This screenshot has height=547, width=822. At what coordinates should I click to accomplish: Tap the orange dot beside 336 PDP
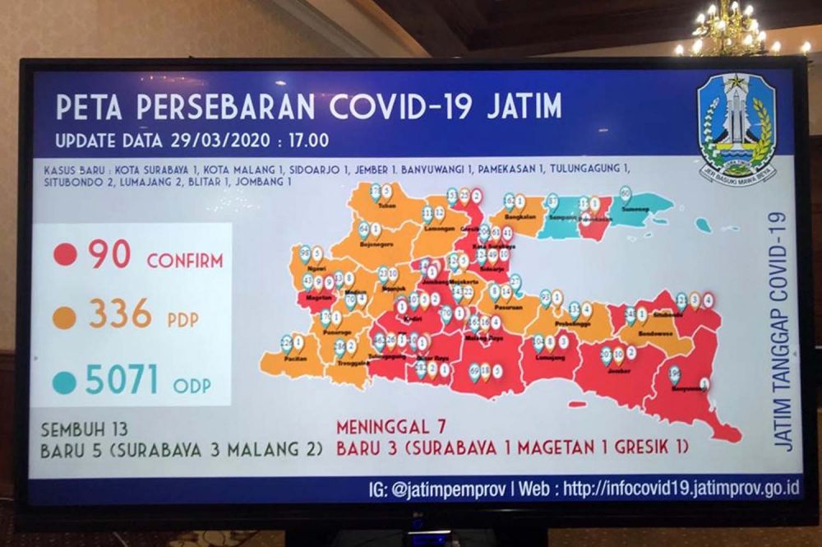pyautogui.click(x=64, y=318)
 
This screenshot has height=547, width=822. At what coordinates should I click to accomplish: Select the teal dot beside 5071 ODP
pyautogui.click(x=64, y=382)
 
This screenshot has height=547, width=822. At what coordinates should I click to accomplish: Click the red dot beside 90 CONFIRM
pyautogui.click(x=65, y=254)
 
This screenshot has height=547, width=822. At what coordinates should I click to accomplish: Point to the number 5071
pyautogui.click(x=122, y=380)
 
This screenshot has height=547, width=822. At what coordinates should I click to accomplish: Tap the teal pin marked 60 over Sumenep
pyautogui.click(x=626, y=195)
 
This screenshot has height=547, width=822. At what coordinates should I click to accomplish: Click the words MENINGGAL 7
pyautogui.click(x=394, y=427)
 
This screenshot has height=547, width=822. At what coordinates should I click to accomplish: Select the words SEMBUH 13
pyautogui.click(x=85, y=429)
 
